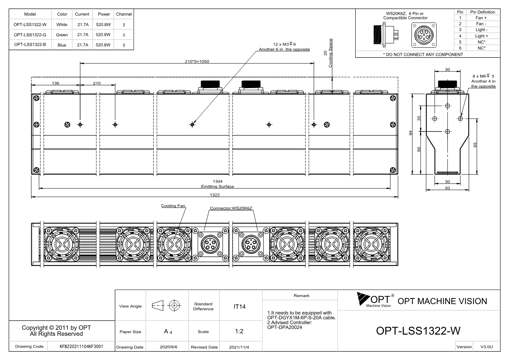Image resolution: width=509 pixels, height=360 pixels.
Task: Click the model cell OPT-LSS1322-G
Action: [30, 35]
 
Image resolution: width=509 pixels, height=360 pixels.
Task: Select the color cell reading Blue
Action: [62, 45]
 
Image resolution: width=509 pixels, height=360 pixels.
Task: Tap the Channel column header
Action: [124, 14]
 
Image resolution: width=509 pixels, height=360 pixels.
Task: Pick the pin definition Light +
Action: [481, 36]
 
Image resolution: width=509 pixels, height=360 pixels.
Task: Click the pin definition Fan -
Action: [481, 24]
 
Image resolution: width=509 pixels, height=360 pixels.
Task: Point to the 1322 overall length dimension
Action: [215, 195]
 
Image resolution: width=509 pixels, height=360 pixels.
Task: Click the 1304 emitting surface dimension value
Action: [217, 181]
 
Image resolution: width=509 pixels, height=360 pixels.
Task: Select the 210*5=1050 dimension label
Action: [197, 61]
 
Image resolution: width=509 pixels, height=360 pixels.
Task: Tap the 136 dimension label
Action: [56, 83]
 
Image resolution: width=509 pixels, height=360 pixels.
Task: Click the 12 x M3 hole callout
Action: [284, 44]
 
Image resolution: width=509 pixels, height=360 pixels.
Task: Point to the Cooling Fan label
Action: [173, 205]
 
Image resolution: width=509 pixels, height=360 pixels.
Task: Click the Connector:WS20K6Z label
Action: [231, 208]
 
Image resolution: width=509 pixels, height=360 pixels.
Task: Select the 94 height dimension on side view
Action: [410, 133]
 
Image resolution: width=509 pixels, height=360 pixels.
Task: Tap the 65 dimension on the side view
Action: [475, 145]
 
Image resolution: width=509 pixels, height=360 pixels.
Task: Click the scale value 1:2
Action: [239, 331]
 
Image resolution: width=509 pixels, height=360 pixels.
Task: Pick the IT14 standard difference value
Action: [239, 307]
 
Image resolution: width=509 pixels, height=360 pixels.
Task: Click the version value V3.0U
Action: [486, 347]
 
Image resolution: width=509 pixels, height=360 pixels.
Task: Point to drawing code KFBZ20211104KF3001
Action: [81, 346]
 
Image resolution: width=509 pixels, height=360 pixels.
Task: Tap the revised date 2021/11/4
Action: [239, 347]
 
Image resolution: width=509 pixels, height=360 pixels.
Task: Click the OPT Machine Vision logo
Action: [375, 300]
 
